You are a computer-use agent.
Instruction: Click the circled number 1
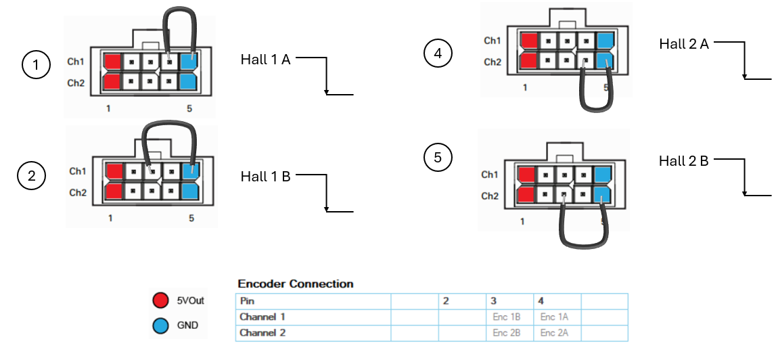pos(37,65)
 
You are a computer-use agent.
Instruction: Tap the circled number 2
pos(32,176)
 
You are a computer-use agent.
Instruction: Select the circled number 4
pos(438,53)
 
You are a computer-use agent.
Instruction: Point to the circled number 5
pos(438,158)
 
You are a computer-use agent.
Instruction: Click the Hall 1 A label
pos(265,60)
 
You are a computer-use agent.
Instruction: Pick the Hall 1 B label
pos(265,176)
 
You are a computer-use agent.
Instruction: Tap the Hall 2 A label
pos(684,44)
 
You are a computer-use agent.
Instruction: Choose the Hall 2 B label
pos(683,161)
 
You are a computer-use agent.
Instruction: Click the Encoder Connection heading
pos(296,284)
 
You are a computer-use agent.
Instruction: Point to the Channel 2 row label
pos(262,333)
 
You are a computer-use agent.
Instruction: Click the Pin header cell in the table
pos(247,301)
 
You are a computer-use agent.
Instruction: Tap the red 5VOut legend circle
pos(161,300)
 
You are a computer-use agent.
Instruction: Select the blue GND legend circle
pos(161,325)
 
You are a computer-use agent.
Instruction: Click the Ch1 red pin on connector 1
pos(112,62)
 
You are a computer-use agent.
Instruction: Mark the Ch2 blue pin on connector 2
pos(191,192)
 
